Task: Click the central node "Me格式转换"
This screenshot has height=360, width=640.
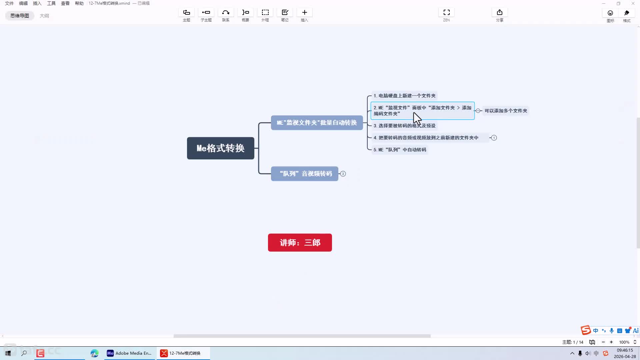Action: click(220, 148)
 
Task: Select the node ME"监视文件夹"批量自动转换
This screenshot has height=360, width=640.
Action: click(317, 123)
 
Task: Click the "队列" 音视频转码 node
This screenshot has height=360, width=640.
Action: click(305, 174)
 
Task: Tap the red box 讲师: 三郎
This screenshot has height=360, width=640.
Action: click(300, 243)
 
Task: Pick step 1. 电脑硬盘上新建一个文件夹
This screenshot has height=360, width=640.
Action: click(404, 96)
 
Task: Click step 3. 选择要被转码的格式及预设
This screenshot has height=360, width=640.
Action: click(404, 126)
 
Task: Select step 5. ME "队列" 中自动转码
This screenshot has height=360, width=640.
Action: click(400, 150)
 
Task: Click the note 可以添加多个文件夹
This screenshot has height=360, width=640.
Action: click(506, 111)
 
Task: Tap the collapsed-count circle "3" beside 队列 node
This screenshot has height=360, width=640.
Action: click(343, 174)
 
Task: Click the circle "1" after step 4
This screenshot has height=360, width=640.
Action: click(494, 138)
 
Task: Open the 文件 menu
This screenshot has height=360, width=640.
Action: click(9, 3)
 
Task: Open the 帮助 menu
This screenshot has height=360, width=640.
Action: click(79, 3)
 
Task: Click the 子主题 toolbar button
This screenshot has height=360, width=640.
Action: click(206, 15)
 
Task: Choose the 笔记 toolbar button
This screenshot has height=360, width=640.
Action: click(285, 15)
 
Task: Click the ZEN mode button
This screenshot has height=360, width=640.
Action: click(446, 15)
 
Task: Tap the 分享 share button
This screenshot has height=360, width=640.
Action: click(499, 15)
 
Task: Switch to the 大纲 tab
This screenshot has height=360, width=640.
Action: click(44, 16)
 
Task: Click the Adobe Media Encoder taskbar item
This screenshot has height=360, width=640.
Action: click(129, 353)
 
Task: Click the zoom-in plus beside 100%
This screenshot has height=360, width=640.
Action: click(611, 342)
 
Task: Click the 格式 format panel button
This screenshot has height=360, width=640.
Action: click(627, 16)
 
